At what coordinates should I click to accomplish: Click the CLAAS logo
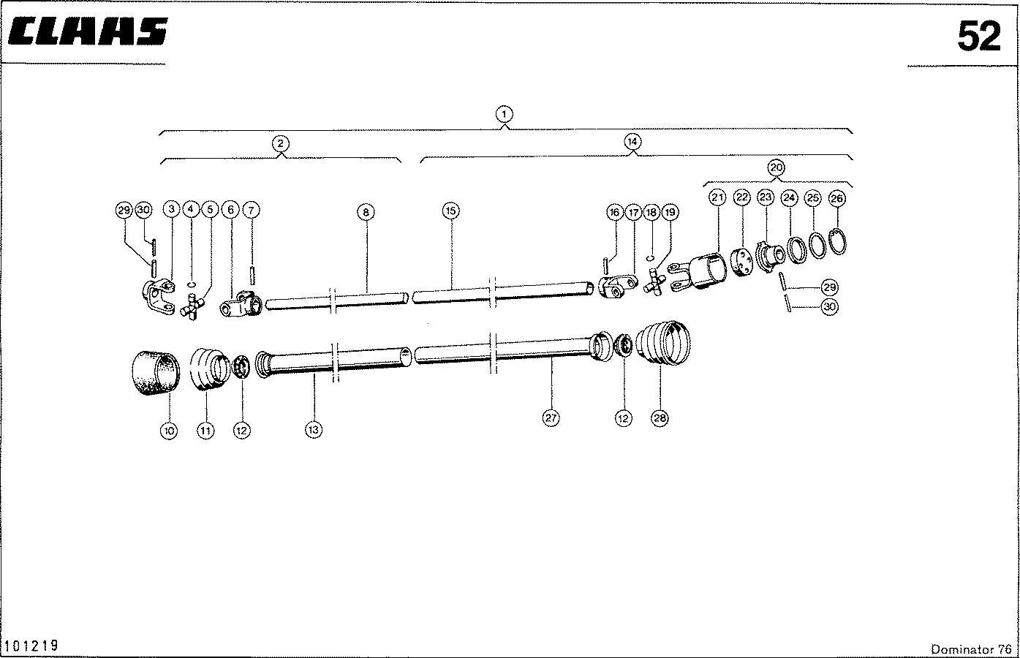pyautogui.click(x=88, y=31)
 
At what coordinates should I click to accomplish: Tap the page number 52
pyautogui.click(x=979, y=37)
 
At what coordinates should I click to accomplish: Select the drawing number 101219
pyautogui.click(x=31, y=646)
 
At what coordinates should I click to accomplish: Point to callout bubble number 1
pyautogui.click(x=504, y=114)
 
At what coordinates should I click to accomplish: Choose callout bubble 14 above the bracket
pyautogui.click(x=632, y=142)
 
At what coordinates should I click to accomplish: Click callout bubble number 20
pyautogui.click(x=777, y=167)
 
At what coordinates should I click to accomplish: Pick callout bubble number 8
pyautogui.click(x=366, y=212)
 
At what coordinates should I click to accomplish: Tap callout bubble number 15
pyautogui.click(x=451, y=211)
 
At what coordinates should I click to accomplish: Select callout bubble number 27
pyautogui.click(x=551, y=417)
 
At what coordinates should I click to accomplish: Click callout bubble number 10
pyautogui.click(x=169, y=431)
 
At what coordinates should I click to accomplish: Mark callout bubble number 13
pyautogui.click(x=313, y=429)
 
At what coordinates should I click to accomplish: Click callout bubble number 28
pyautogui.click(x=660, y=417)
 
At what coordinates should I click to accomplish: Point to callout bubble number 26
pyautogui.click(x=837, y=198)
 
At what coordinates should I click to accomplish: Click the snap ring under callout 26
pyautogui.click(x=837, y=242)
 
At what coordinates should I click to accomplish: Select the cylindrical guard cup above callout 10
pyautogui.click(x=156, y=373)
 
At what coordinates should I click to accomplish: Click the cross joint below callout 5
pyautogui.click(x=192, y=307)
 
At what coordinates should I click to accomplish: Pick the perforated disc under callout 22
pyautogui.click(x=741, y=262)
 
